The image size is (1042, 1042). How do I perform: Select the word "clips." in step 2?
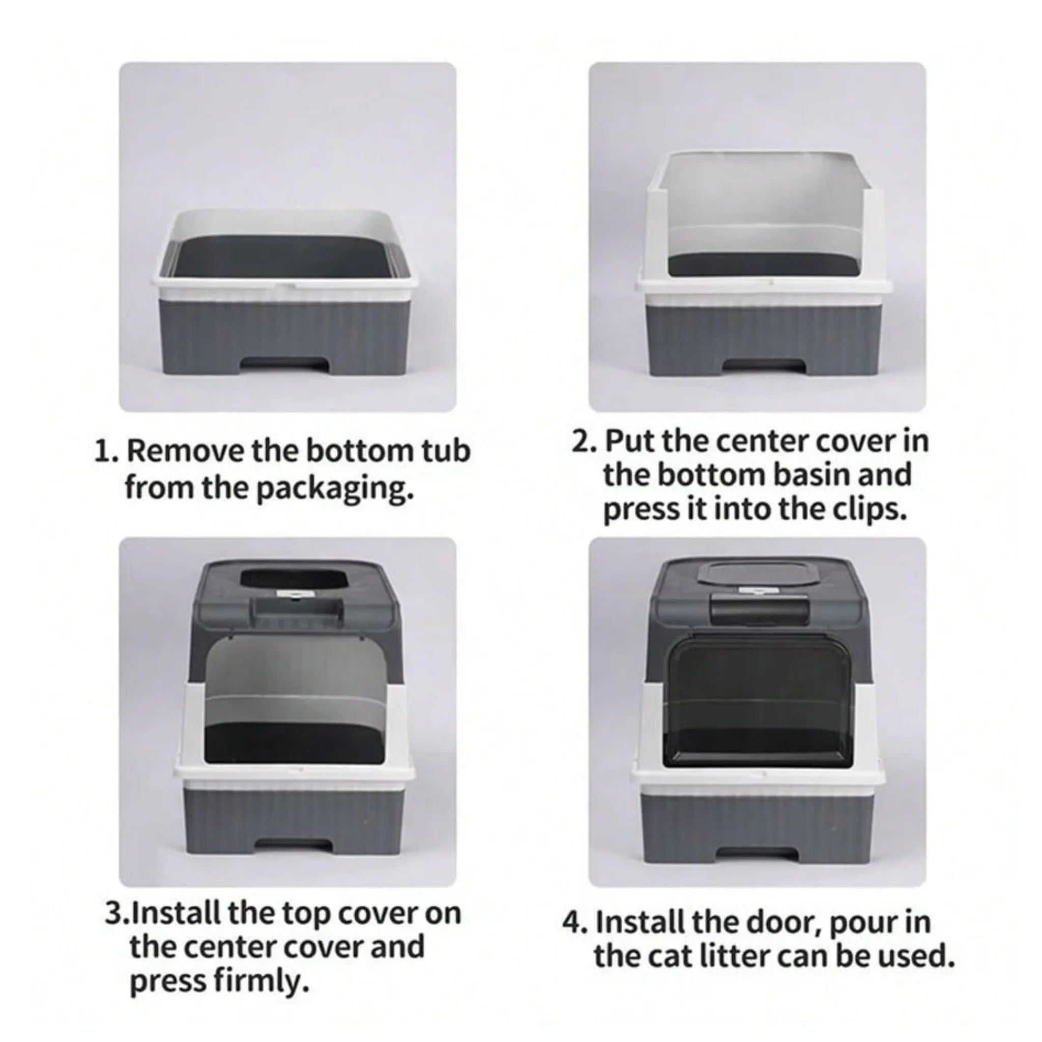(868, 510)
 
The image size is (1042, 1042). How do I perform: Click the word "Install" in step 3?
(174, 913)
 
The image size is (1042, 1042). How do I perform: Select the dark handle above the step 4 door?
(760, 611)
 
